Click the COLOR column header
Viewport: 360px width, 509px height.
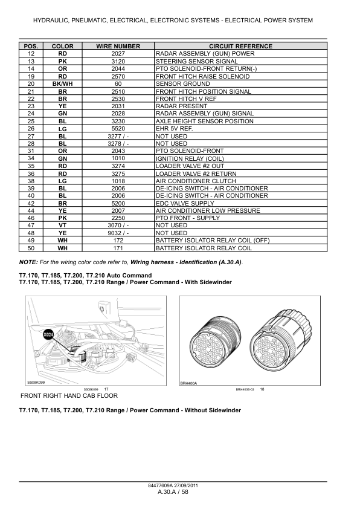pyautogui.click(x=62, y=46)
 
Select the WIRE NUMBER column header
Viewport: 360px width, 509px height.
pyautogui.click(x=118, y=46)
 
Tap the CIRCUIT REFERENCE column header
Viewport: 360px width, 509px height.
pyautogui.click(x=240, y=46)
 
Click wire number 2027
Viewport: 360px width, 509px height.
pyautogui.click(x=118, y=54)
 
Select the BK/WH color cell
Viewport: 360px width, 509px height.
pyautogui.click(x=62, y=83)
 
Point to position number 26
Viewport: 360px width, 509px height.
pyautogui.click(x=31, y=128)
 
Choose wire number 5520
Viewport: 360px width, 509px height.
pyautogui.click(x=118, y=128)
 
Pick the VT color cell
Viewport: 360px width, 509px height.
pyautogui.click(x=62, y=225)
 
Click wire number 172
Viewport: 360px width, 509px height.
pyautogui.click(x=118, y=240)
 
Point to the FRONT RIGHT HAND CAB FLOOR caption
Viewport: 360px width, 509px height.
pyautogui.click(x=69, y=396)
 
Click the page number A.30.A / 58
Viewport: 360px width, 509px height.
pyautogui.click(x=173, y=493)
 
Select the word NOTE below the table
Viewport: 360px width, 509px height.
pyautogui.click(x=28, y=261)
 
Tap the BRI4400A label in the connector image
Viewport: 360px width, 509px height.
pyautogui.click(x=189, y=383)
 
